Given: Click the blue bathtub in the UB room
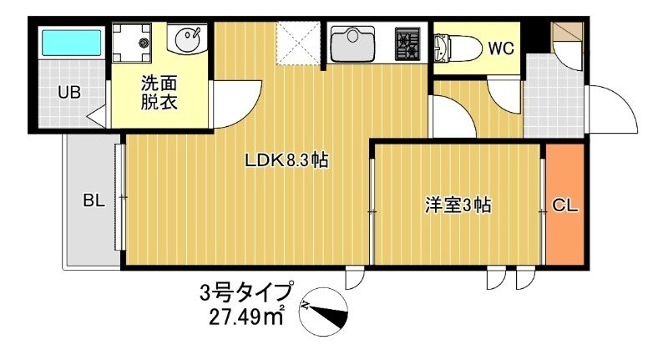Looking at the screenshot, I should pos(71,42).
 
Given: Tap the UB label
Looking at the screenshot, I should pos(68,92).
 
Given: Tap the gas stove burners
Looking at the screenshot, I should pos(408,43).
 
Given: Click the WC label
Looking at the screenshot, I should pos(500,47).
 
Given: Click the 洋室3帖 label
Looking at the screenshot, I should pos(457,204).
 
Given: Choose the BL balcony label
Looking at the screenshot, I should pos(93,200).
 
